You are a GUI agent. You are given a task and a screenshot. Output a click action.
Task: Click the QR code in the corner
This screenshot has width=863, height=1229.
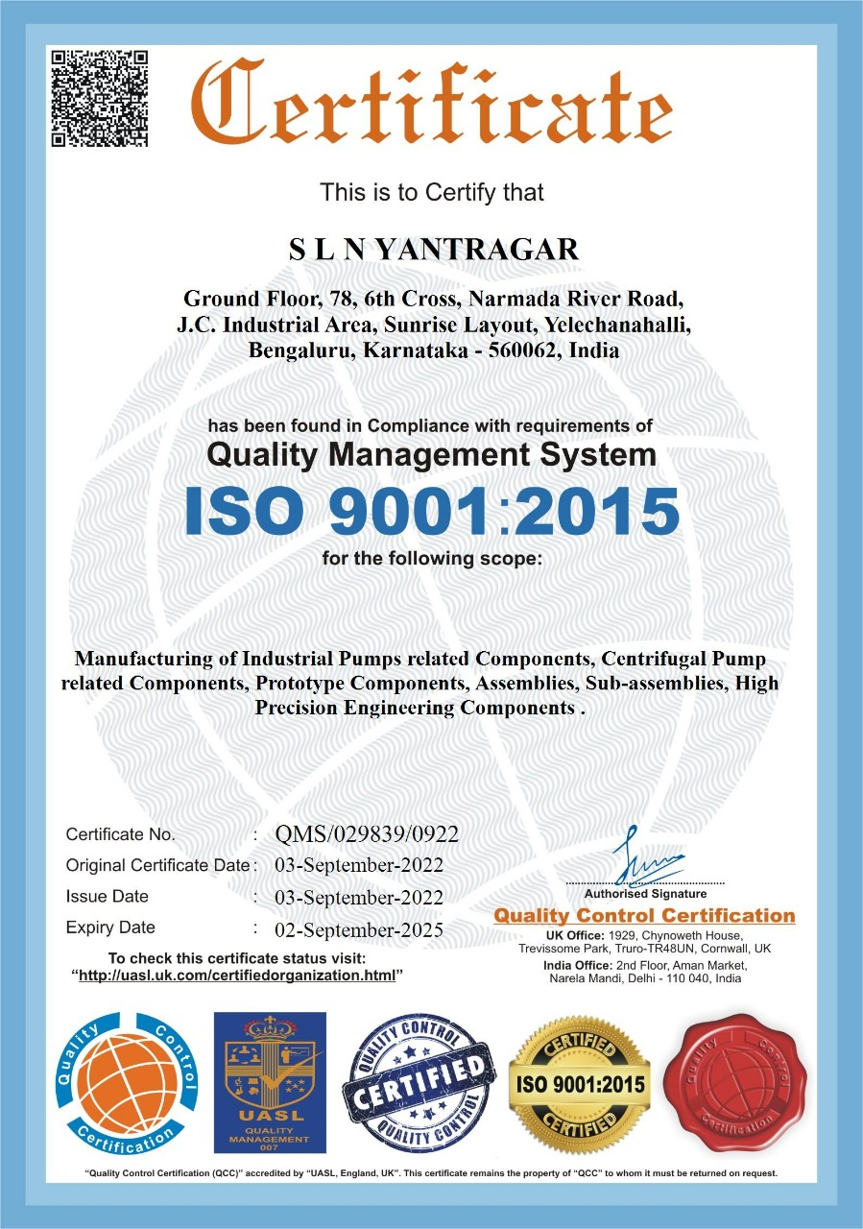coord(99,98)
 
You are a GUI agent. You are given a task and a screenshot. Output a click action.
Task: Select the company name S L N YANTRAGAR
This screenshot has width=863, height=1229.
coord(434,250)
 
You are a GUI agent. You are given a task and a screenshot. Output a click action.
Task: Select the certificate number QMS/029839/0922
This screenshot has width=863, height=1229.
coord(367,833)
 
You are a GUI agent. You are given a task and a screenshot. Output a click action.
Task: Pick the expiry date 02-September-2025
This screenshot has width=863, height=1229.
coord(359,928)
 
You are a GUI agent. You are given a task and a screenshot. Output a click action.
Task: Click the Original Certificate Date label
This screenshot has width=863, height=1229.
coord(157,865)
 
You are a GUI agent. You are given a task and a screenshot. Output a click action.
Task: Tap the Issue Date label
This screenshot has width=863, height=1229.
coord(107,897)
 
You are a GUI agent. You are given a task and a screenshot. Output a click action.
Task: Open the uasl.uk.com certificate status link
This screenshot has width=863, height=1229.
coord(237,976)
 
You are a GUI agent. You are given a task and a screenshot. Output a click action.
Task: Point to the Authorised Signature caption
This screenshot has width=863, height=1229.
coord(644,894)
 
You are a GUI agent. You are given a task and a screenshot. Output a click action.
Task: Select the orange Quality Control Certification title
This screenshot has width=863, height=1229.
coord(644,916)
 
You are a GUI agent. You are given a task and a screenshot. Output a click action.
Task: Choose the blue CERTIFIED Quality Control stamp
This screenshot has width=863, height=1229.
coord(419,1084)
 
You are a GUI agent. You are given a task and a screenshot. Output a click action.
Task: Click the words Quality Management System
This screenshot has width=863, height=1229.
coord(431,454)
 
